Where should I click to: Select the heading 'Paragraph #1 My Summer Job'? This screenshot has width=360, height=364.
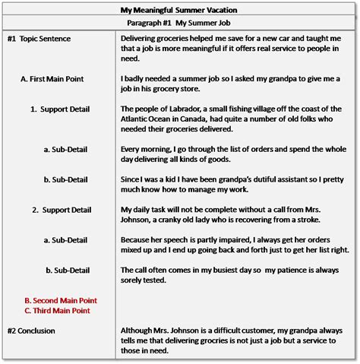click(179, 24)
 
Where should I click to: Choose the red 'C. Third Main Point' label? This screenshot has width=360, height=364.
click(57, 311)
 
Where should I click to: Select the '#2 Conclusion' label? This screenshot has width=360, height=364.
click(33, 331)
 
